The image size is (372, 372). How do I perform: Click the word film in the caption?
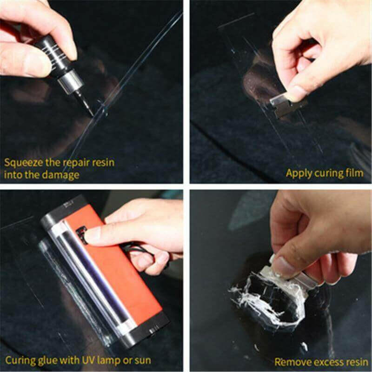coord(354,173)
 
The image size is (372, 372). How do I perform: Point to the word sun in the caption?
coord(141,360)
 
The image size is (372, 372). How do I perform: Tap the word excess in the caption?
coord(323,361)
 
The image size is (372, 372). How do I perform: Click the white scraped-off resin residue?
coord(260,293)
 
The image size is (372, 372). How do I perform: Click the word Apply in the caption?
coord(298,173)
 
